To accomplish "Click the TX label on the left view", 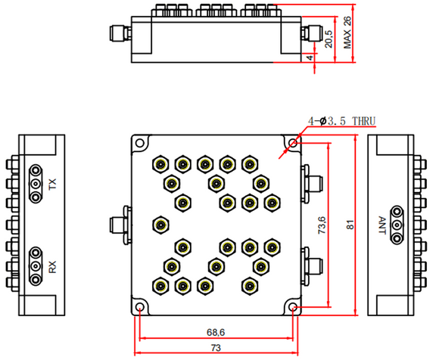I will (52, 185).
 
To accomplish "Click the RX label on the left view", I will (52, 267).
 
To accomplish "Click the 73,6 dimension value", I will (321, 225).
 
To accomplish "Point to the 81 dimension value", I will (350, 225).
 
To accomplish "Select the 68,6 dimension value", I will (216, 333).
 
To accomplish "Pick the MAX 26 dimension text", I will (348, 34).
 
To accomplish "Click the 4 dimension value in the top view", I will (310, 57).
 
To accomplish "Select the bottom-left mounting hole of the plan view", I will (141, 308).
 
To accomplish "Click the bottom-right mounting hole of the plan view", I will (292, 308).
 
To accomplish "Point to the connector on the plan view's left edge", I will (119, 225).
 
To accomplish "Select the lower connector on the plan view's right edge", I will (313, 265).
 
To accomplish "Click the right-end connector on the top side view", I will (312, 33).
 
